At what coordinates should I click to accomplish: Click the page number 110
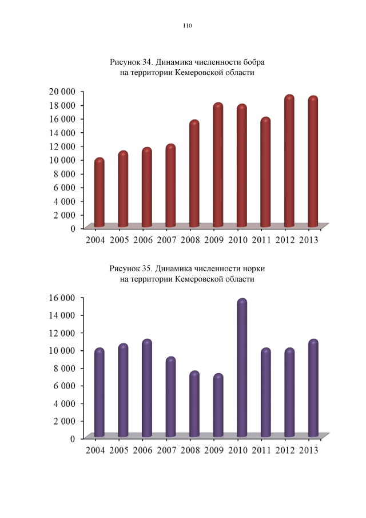pyautogui.click(x=187, y=26)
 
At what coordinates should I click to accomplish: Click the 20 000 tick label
pyautogui.click(x=63, y=92)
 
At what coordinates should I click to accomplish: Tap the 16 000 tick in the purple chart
pyautogui.click(x=63, y=298)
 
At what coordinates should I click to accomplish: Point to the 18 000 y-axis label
pyautogui.click(x=63, y=105)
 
